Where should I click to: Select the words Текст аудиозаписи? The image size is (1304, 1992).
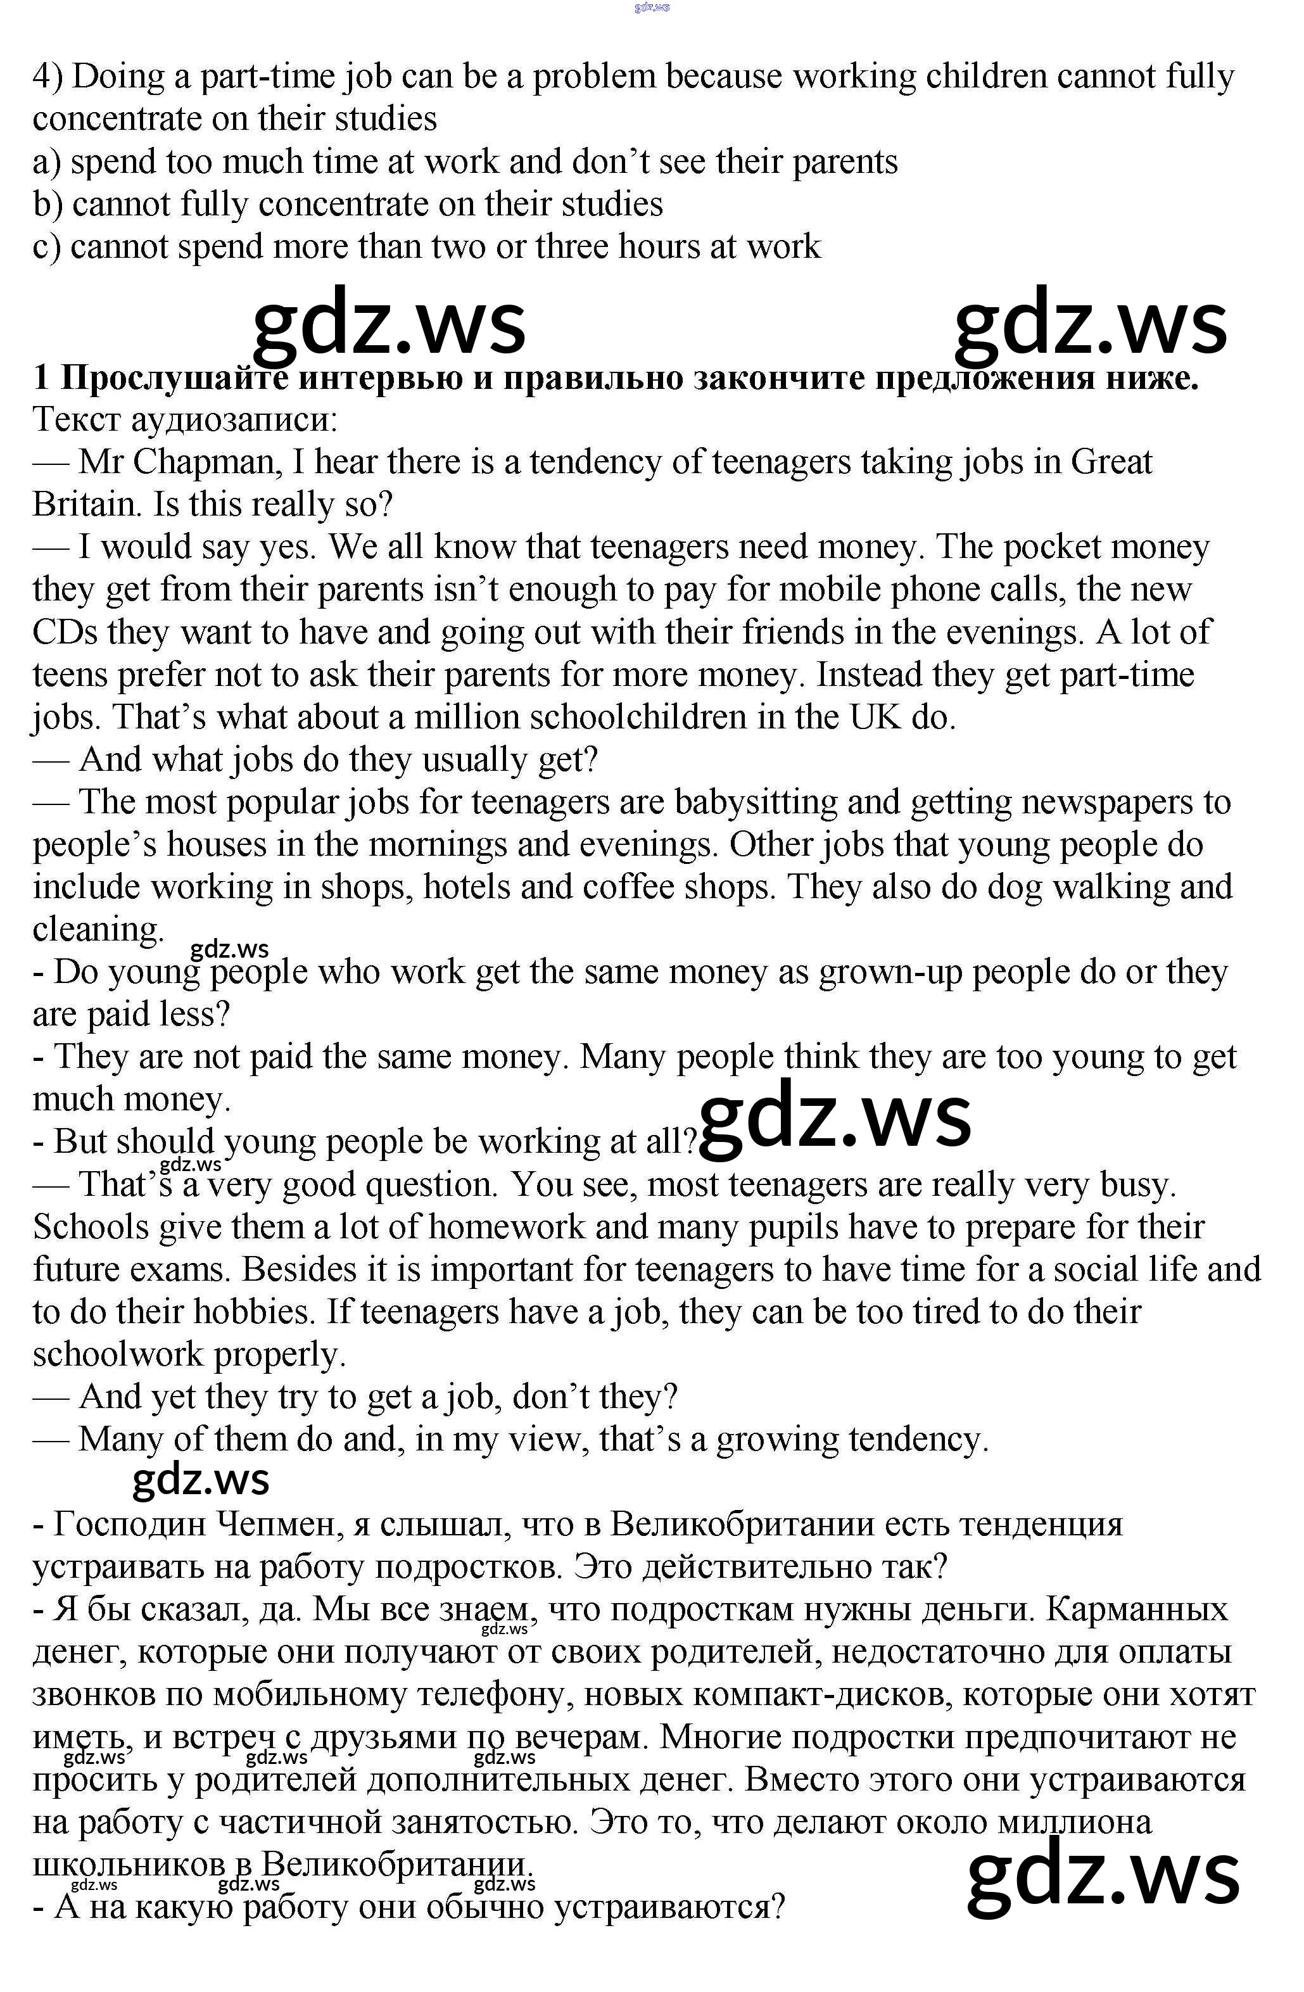pos(185,419)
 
